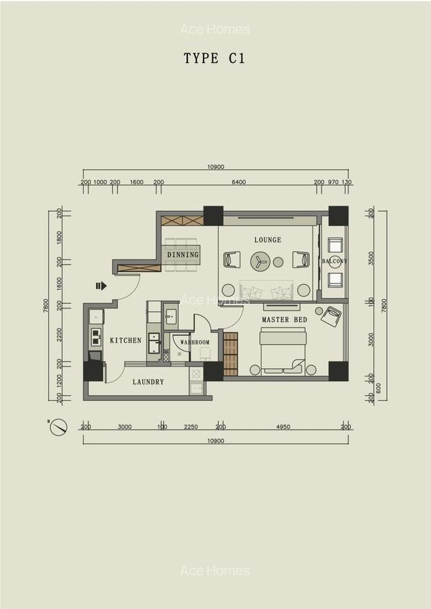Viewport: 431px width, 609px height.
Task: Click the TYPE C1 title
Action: click(214, 58)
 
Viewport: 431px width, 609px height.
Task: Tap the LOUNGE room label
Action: click(267, 240)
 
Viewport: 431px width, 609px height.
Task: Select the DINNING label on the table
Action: click(183, 255)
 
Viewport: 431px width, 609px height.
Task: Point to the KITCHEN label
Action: click(126, 340)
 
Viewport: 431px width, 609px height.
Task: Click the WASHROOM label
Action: click(195, 342)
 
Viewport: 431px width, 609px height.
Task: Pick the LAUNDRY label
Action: click(148, 382)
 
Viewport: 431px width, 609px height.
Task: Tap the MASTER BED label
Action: click(284, 319)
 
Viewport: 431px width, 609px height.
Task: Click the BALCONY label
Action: click(334, 261)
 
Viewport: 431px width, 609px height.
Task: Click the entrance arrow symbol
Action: click(101, 286)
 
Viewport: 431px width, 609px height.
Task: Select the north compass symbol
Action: click(59, 427)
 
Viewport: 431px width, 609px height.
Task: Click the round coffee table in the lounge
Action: click(260, 261)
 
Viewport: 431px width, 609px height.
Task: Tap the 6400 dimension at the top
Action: click(238, 182)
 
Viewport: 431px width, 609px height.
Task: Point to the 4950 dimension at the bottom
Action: click(283, 427)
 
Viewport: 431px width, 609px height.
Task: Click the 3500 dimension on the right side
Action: click(371, 258)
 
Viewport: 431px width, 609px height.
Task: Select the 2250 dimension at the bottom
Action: click(191, 427)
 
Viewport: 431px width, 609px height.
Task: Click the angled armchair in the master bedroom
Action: click(331, 316)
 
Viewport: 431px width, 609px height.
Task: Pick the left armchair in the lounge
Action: click(231, 259)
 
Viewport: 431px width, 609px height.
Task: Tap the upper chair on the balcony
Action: click(335, 245)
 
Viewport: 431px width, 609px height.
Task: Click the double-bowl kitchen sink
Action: click(96, 337)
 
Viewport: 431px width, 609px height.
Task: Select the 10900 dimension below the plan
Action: click(215, 440)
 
